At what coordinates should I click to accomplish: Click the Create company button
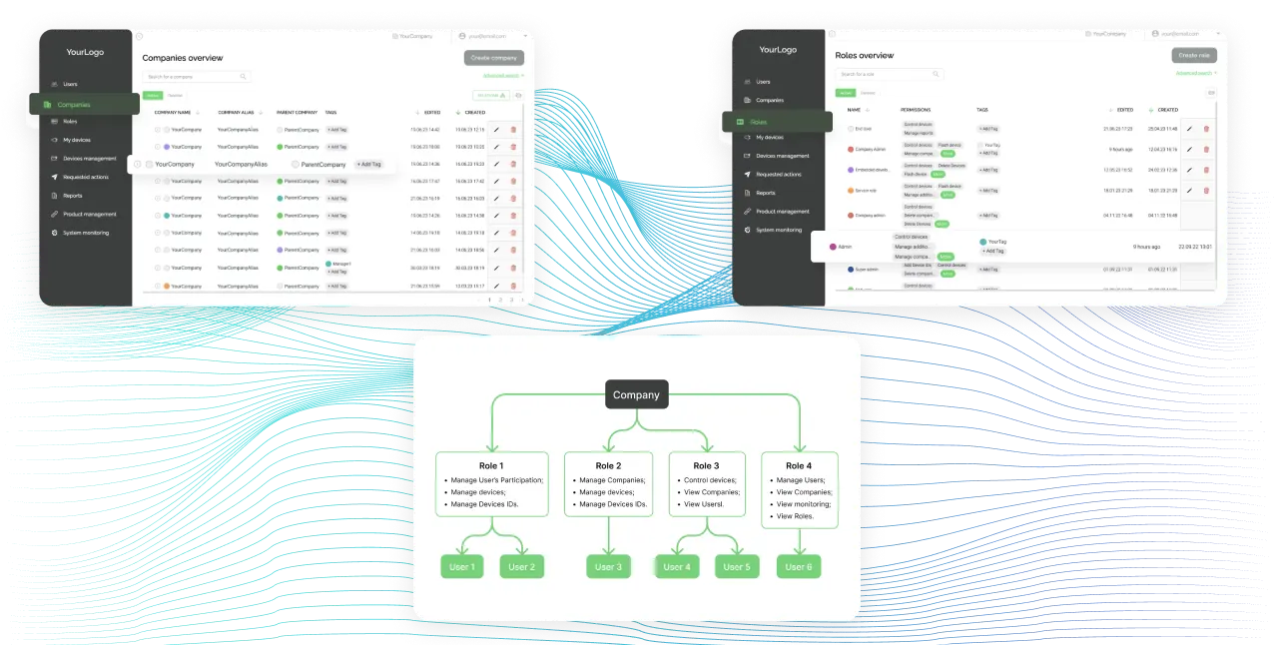click(x=494, y=58)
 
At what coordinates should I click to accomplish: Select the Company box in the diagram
click(x=636, y=395)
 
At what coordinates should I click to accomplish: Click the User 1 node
click(x=461, y=567)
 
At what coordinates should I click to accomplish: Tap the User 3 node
click(x=608, y=567)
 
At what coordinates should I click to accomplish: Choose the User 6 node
click(x=798, y=567)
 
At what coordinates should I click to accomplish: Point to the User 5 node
click(x=736, y=567)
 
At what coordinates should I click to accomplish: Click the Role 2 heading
click(x=608, y=465)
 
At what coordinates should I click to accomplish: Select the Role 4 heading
click(x=798, y=465)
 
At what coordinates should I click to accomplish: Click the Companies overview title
click(x=183, y=58)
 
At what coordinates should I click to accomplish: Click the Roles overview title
click(x=865, y=55)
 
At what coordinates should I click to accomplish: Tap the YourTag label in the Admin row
click(x=997, y=242)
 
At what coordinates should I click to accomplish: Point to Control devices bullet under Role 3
click(x=710, y=480)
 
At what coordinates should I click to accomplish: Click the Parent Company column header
click(x=297, y=112)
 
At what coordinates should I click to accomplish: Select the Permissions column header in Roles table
click(x=915, y=110)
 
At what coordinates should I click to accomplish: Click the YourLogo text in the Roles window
click(x=778, y=50)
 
